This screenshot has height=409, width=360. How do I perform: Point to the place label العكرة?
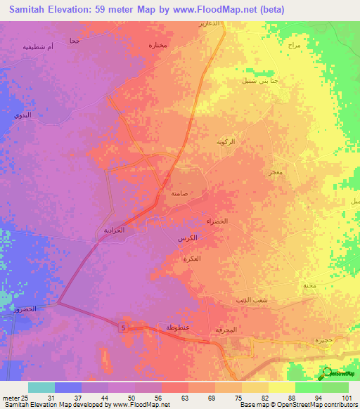point(192,259)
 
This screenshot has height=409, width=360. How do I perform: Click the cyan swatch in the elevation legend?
point(41,387)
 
